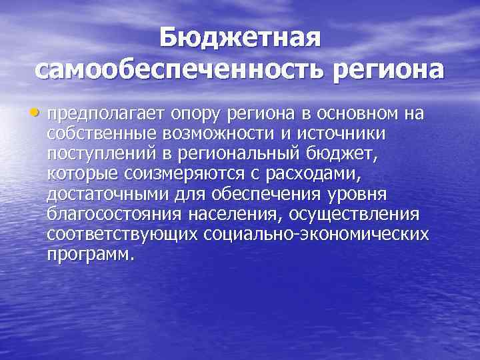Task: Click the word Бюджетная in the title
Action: [240, 38]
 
